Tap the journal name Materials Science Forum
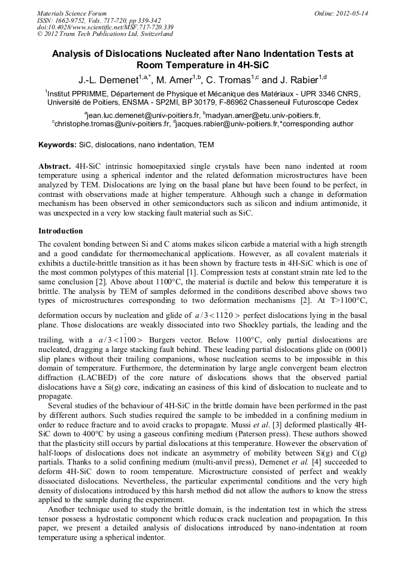tap(72, 13)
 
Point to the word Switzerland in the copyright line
tap(146, 34)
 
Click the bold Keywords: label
tap(58, 145)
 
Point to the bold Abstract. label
tap(56, 165)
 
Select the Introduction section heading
tap(60, 231)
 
